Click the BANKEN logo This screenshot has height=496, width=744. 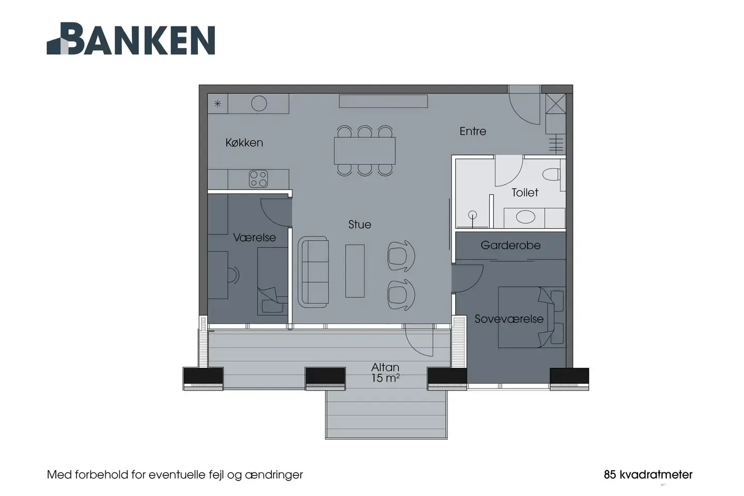(131, 39)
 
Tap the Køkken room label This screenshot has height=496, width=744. (244, 143)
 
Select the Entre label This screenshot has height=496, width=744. (473, 131)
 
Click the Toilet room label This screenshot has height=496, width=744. (525, 193)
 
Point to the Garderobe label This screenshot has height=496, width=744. (510, 245)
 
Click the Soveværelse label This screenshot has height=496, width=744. (509, 319)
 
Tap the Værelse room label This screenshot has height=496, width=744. (254, 238)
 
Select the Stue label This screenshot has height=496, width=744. (360, 225)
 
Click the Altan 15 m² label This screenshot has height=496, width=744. (385, 373)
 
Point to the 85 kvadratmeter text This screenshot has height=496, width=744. (648, 474)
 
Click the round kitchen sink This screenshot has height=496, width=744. (259, 103)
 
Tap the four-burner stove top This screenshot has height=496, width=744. (258, 179)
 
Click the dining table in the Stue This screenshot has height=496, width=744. (365, 151)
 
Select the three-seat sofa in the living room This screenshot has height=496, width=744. (313, 272)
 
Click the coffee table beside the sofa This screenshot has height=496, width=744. (355, 271)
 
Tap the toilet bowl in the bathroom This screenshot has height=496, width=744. (551, 174)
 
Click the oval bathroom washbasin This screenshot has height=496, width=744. (525, 218)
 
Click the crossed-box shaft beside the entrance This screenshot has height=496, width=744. (556, 104)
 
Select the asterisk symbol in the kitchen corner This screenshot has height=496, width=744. (218, 104)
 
